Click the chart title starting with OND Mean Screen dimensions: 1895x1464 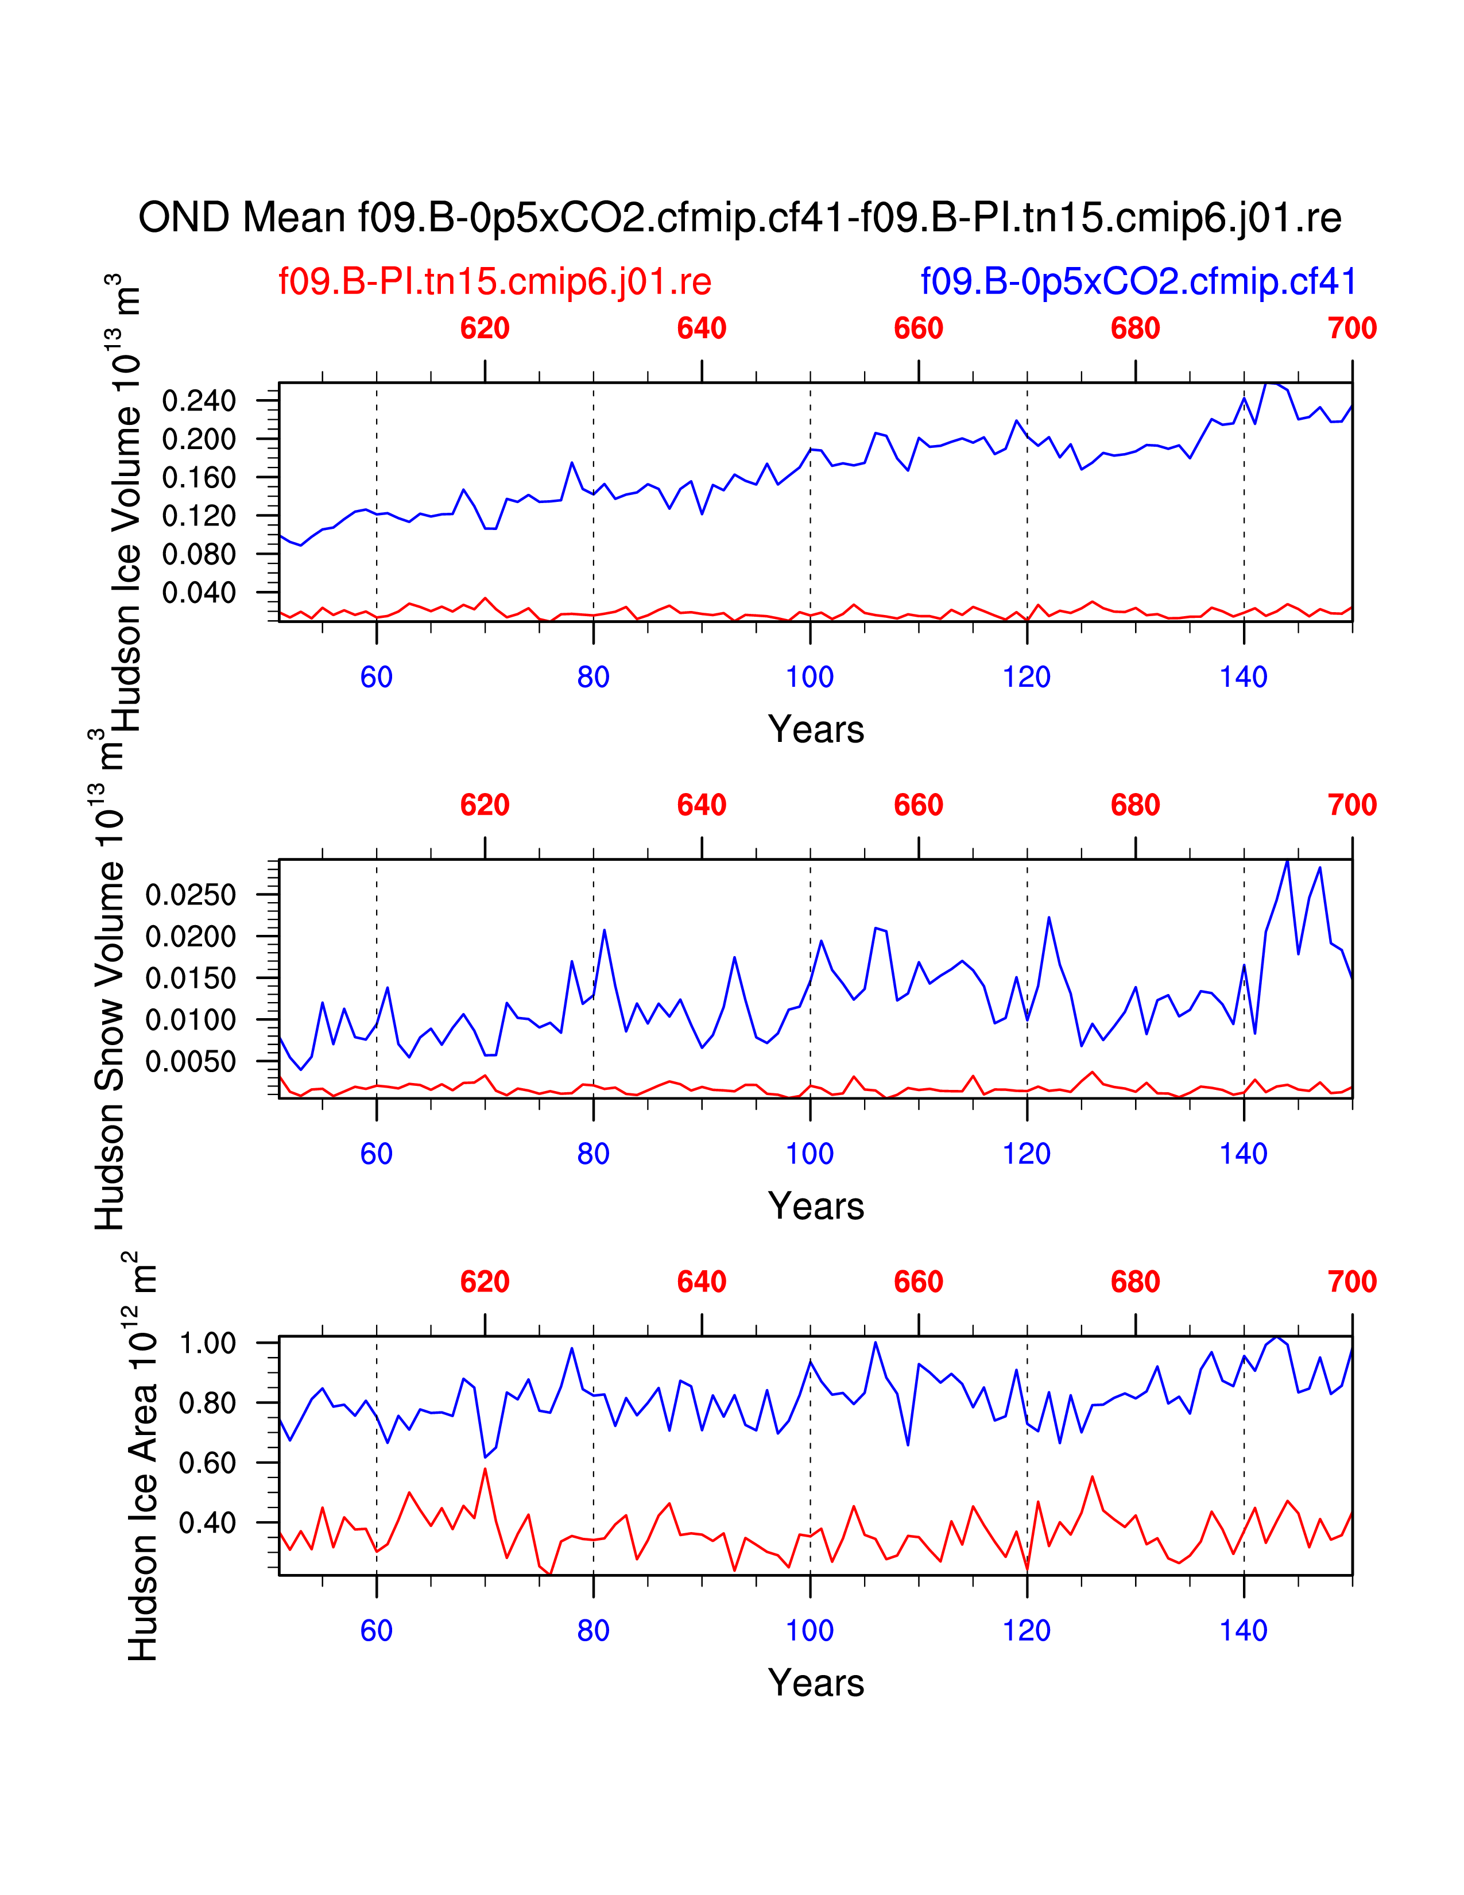click(x=740, y=218)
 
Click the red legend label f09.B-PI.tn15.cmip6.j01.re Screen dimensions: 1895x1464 click(x=494, y=282)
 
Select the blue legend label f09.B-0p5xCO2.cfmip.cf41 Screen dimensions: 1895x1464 click(x=1138, y=282)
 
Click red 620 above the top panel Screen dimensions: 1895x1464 click(x=485, y=329)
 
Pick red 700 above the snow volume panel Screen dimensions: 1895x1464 click(x=1351, y=805)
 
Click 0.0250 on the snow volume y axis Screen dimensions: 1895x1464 click(x=191, y=895)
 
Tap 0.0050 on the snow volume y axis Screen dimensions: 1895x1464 click(x=191, y=1061)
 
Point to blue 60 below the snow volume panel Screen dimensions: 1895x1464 click(x=377, y=1154)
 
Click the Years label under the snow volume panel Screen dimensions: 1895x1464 click(x=815, y=1206)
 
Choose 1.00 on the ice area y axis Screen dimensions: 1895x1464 click(x=207, y=1344)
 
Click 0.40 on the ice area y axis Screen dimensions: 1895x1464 click(x=207, y=1523)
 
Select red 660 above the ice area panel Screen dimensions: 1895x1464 click(x=919, y=1282)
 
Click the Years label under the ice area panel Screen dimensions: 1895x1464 click(x=815, y=1683)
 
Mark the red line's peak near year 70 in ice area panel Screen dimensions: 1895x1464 click(x=485, y=1468)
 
